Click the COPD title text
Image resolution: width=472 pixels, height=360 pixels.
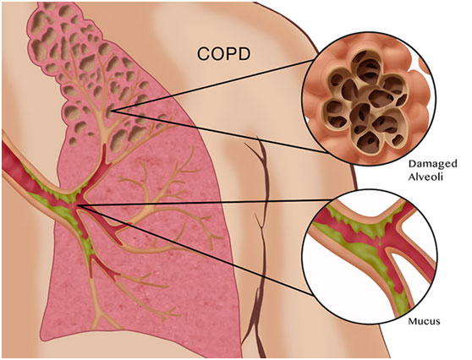223,54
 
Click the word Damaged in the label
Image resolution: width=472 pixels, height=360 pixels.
432,164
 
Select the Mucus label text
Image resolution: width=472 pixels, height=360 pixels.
424,321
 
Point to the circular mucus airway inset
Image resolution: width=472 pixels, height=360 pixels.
370,257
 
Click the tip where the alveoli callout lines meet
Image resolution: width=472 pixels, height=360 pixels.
111,111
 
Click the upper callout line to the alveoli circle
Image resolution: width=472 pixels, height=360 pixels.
211,85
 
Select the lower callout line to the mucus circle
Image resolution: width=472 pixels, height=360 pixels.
195,250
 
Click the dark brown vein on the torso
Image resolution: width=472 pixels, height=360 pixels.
259,247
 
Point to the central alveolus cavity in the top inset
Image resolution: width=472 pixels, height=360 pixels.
380,99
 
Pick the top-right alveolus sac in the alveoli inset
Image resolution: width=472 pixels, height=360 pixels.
395,85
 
